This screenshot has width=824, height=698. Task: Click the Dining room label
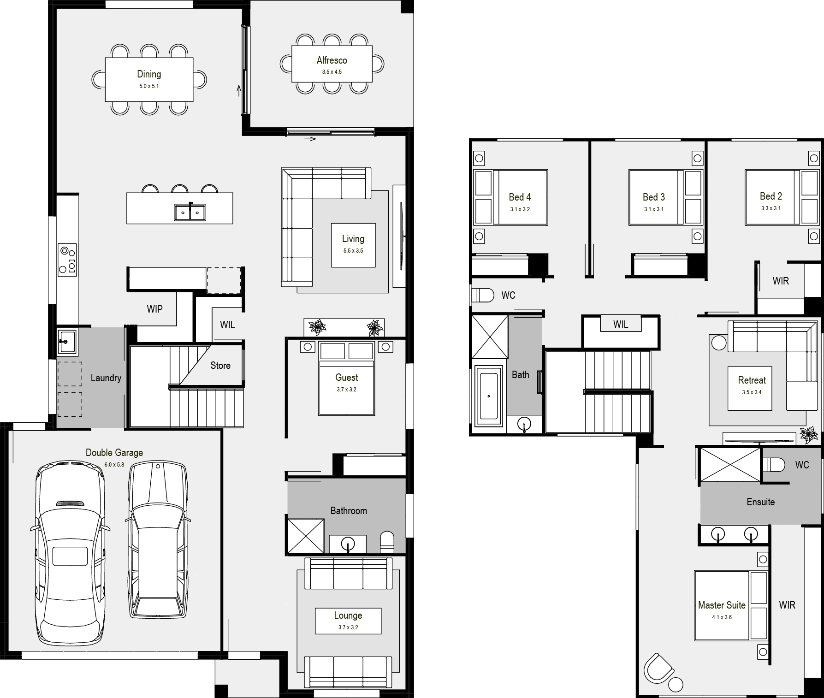(149, 74)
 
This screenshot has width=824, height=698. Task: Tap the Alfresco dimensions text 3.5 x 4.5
(332, 72)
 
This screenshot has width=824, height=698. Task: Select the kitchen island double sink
(190, 213)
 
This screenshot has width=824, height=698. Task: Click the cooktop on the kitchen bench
(67, 260)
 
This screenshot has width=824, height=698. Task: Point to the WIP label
(155, 309)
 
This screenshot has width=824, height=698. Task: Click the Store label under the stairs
(220, 366)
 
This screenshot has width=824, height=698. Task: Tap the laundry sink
(67, 342)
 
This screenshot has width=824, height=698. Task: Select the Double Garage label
(114, 453)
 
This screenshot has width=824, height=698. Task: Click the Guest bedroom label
(347, 378)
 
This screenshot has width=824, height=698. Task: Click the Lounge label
(348, 615)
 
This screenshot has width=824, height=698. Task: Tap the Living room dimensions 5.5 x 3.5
(353, 251)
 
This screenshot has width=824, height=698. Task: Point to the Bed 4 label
(520, 197)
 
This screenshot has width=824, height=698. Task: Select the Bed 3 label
(654, 197)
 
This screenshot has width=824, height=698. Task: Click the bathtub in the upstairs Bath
(489, 396)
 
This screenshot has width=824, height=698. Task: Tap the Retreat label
(752, 380)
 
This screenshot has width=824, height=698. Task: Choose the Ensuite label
(760, 502)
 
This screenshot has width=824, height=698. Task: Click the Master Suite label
(722, 605)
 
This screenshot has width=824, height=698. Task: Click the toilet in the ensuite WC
(773, 465)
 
